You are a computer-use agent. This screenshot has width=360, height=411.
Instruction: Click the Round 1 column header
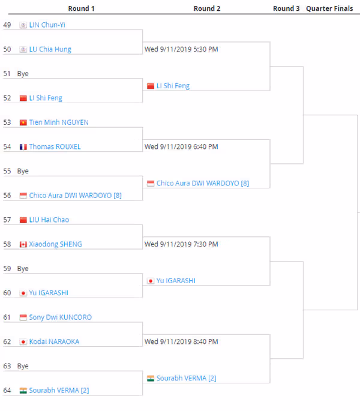81,8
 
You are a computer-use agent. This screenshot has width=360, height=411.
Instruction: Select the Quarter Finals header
329,8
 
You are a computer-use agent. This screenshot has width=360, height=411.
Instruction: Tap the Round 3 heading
286,8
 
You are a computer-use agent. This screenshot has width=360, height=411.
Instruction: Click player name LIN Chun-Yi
47,25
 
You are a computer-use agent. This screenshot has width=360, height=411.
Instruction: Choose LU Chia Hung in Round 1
50,49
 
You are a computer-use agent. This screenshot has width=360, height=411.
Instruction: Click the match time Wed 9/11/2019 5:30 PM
181,49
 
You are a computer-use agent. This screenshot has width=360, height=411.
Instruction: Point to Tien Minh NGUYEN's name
59,122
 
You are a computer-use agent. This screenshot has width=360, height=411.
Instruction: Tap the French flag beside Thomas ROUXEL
23,147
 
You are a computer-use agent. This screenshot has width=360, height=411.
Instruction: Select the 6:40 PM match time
181,147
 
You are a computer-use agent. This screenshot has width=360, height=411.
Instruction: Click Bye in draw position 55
23,171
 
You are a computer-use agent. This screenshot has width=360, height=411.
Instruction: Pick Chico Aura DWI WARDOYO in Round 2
203,183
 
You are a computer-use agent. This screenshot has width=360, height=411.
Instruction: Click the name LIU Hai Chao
49,220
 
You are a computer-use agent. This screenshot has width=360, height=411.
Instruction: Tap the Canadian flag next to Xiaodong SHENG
23,244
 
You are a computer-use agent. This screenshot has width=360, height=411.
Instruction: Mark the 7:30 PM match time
181,244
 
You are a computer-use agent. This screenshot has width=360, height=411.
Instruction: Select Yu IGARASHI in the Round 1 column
49,293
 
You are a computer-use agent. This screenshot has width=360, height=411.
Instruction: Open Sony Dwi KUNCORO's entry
61,317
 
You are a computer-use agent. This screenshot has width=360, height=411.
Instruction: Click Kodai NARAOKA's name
54,342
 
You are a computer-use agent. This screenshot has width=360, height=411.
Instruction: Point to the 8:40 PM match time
181,342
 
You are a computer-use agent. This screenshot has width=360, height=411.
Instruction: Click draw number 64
7,391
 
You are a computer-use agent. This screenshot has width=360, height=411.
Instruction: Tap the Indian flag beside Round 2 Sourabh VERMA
151,378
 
